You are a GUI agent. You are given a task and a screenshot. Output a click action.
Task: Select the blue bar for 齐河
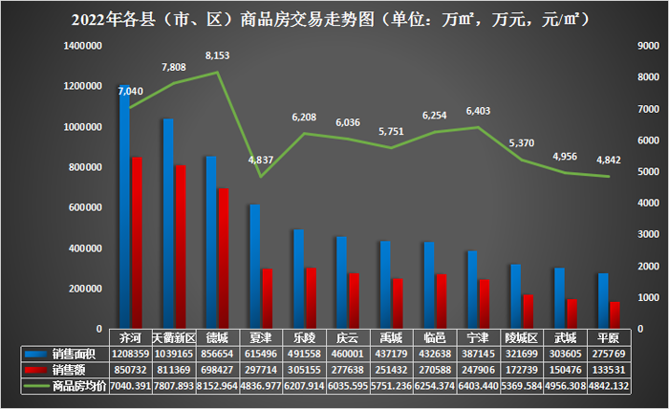(124, 210)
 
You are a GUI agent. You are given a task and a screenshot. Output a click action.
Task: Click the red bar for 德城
(224, 258)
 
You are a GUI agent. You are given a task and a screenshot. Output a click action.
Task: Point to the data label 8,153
(218, 56)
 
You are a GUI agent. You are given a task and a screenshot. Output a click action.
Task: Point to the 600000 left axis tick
(85, 207)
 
